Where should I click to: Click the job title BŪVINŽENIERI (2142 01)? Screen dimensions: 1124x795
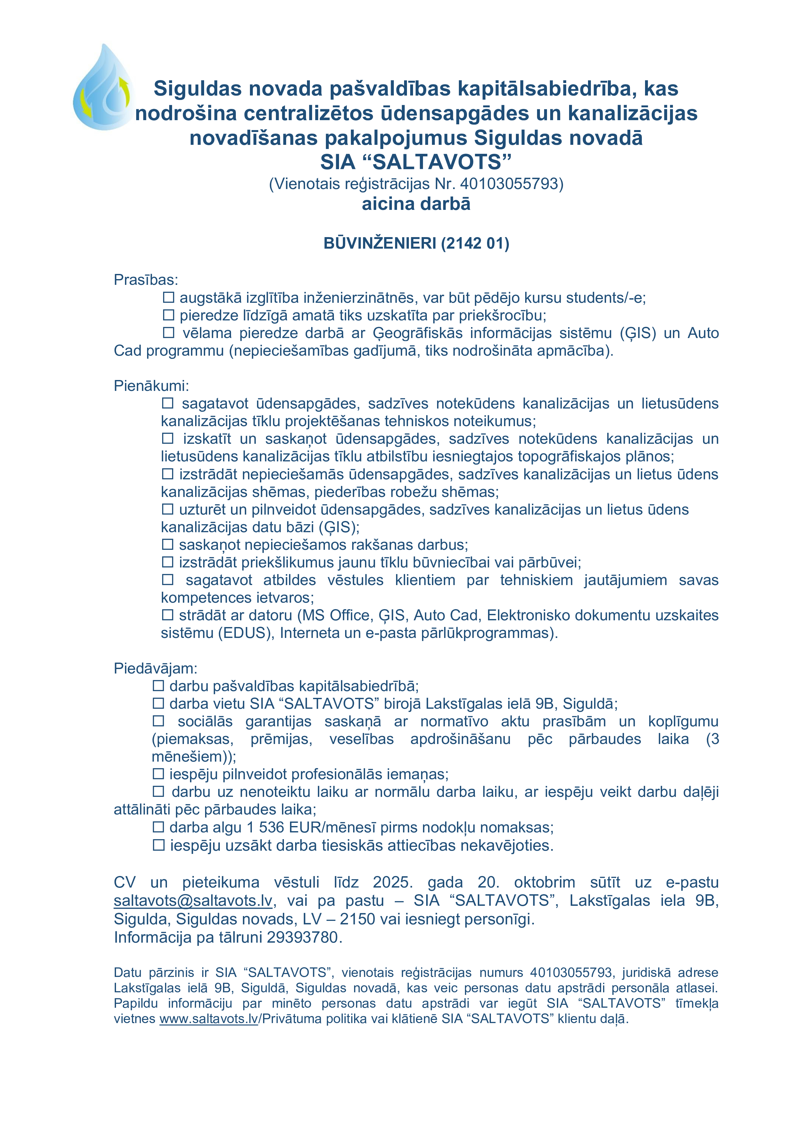click(x=416, y=243)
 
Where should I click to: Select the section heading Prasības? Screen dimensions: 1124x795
click(x=146, y=280)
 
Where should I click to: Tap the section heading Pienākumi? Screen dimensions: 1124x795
click(x=151, y=386)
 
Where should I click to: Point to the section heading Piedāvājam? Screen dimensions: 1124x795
click(x=155, y=668)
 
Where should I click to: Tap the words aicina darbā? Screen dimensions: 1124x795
click(x=416, y=204)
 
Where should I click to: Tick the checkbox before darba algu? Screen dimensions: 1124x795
click(x=158, y=827)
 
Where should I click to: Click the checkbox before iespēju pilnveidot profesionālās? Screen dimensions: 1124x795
click(x=158, y=774)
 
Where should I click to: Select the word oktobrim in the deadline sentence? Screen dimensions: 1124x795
click(x=544, y=882)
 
